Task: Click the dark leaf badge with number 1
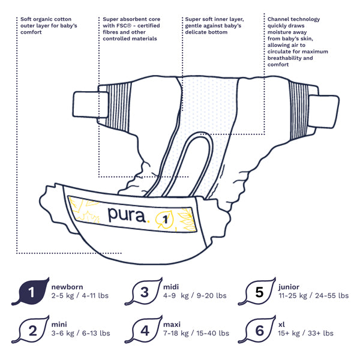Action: [31, 292]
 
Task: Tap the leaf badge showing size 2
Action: [32, 329]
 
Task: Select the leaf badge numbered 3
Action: [144, 292]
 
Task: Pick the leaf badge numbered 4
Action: [144, 329]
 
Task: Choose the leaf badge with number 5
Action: [259, 292]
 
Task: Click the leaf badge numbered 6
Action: [259, 329]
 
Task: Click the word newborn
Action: [67, 287]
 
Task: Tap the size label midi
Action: [171, 287]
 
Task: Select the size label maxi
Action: [172, 325]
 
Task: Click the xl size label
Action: [282, 325]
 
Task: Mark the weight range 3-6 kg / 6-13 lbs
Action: [80, 333]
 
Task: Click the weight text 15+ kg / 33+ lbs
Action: [306, 333]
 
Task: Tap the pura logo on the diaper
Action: [127, 215]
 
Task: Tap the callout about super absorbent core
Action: [131, 29]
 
